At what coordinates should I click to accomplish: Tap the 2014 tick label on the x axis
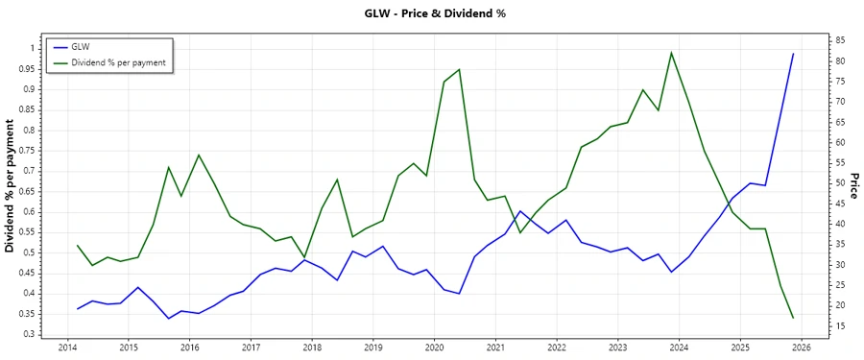coord(67,348)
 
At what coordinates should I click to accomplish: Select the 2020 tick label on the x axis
coord(434,348)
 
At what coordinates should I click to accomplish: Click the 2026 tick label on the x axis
coord(802,348)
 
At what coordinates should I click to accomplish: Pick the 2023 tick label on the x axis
coord(618,348)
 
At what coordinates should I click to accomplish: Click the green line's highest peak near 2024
coord(671,53)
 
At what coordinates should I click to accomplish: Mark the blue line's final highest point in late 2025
coord(793,54)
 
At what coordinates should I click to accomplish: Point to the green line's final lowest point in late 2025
coord(793,318)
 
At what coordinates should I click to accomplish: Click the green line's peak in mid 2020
coord(460,69)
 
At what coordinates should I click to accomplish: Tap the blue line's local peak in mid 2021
coord(519,211)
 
